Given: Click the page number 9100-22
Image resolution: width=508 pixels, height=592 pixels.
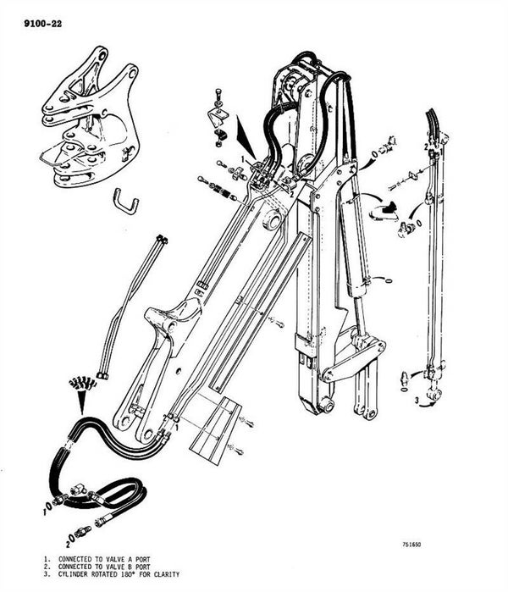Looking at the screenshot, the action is [x=42, y=24].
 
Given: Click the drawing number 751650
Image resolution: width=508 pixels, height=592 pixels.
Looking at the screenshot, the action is [x=411, y=544].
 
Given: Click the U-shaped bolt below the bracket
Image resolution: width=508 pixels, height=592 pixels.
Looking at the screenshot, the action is [x=126, y=202].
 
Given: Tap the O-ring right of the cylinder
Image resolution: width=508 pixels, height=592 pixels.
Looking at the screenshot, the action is [x=386, y=280].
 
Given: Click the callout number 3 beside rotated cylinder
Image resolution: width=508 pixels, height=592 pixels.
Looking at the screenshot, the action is [x=417, y=401].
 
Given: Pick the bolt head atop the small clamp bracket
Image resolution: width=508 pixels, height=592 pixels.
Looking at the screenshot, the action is [x=219, y=92].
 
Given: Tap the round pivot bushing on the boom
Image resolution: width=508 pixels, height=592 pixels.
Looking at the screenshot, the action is [x=272, y=219].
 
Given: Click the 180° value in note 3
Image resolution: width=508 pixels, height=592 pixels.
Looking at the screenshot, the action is [x=124, y=574].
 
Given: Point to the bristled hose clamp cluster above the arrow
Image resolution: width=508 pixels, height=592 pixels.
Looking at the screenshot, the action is [x=83, y=384].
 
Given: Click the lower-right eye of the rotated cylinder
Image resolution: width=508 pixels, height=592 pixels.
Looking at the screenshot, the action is [x=434, y=394].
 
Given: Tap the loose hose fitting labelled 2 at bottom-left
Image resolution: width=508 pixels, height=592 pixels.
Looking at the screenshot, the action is [x=83, y=532].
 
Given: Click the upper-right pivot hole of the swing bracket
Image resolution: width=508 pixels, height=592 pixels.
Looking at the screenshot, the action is [x=133, y=72].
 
